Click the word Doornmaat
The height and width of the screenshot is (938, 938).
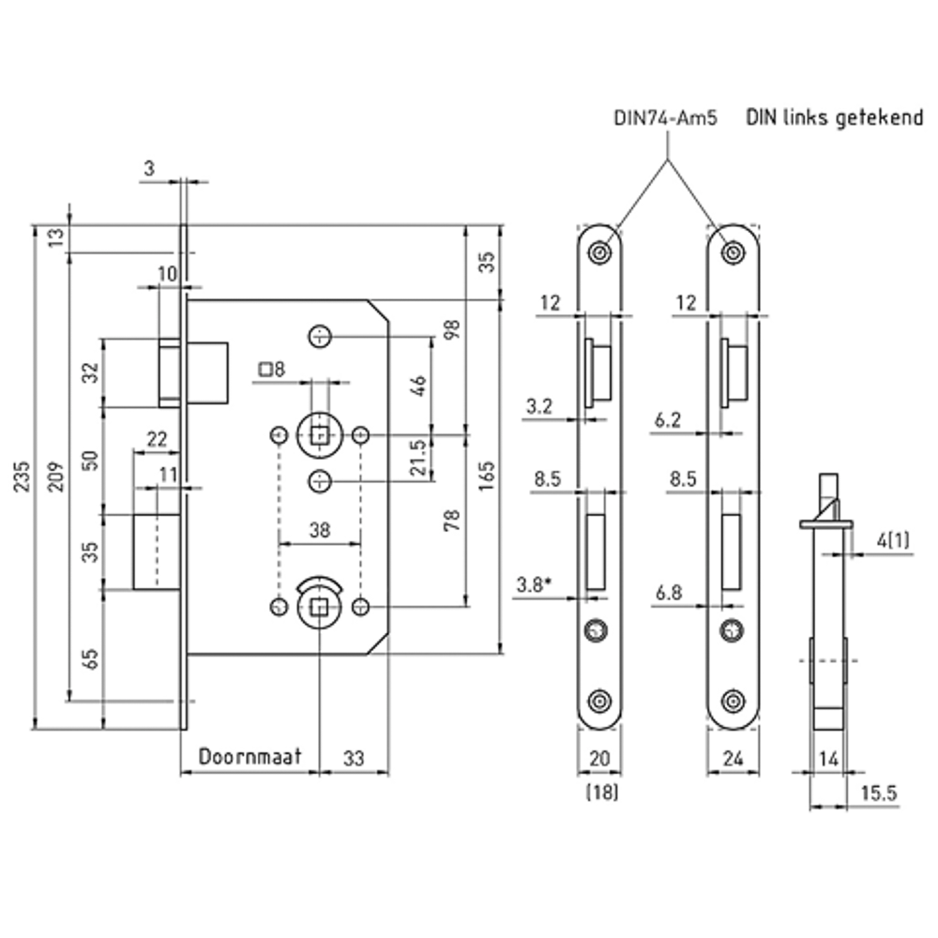point(250,756)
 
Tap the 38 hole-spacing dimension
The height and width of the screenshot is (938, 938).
point(319,529)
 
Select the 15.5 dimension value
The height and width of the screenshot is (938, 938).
point(879,793)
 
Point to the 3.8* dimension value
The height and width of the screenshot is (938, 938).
point(534,585)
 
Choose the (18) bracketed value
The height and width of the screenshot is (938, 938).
point(601,793)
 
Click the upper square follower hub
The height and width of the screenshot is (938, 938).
point(320,435)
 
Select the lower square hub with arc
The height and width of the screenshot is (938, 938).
point(320,607)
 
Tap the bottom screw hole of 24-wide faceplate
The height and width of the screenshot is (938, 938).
point(733,700)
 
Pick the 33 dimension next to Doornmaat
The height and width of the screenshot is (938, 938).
point(354,756)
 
